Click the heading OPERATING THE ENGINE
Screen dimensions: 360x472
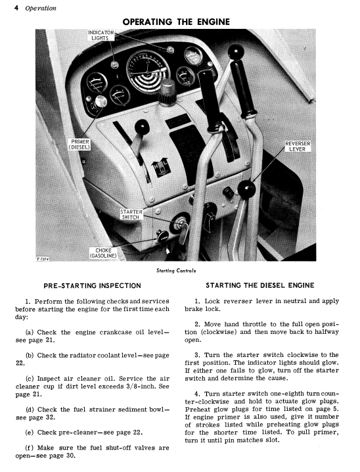176,22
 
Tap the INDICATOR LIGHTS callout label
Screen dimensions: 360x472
101,35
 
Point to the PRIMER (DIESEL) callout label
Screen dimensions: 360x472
79,145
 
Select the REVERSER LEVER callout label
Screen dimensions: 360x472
298,147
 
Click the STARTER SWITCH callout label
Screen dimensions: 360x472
131,214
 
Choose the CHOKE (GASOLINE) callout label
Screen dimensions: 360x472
103,253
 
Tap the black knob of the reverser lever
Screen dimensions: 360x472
246,189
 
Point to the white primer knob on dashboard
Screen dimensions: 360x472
101,102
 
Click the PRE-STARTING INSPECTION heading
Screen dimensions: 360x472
93,286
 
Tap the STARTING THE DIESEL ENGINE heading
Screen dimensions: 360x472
260,285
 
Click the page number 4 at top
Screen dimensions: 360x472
16,8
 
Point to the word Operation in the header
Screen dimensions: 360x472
41,8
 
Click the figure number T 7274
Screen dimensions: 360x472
43,259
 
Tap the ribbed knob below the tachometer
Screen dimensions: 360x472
168,92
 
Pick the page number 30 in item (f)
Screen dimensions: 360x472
70,456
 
